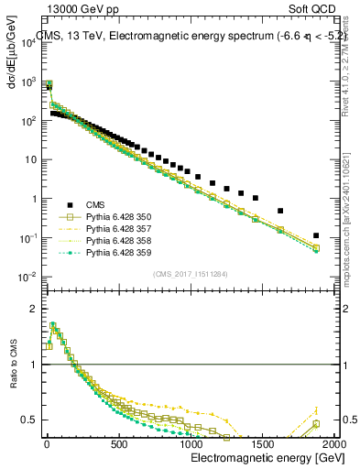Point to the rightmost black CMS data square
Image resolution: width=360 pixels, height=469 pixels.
pos(316,235)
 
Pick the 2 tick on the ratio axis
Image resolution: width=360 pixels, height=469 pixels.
pos(32,309)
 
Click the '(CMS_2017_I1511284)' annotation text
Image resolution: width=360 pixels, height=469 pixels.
pos(190,273)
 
